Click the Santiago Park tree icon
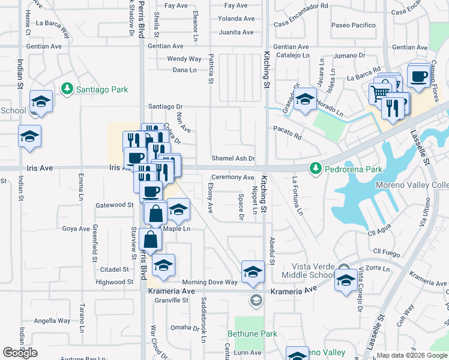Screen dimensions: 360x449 (x=67, y=89)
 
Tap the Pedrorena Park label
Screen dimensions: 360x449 (x=353, y=169)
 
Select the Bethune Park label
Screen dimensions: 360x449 (x=252, y=333)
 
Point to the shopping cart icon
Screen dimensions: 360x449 (x=379, y=93)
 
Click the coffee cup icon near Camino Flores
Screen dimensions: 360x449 (x=418, y=76)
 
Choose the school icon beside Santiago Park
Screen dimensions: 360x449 (x=41, y=101)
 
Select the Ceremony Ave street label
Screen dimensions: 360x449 (x=232, y=177)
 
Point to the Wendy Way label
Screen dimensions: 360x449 (x=184, y=59)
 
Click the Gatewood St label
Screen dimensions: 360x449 (x=114, y=205)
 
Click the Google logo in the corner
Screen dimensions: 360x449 (x=20, y=353)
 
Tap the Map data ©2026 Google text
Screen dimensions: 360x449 (x=412, y=355)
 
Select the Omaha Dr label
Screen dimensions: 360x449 (x=184, y=328)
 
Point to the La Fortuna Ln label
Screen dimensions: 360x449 (x=297, y=196)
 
